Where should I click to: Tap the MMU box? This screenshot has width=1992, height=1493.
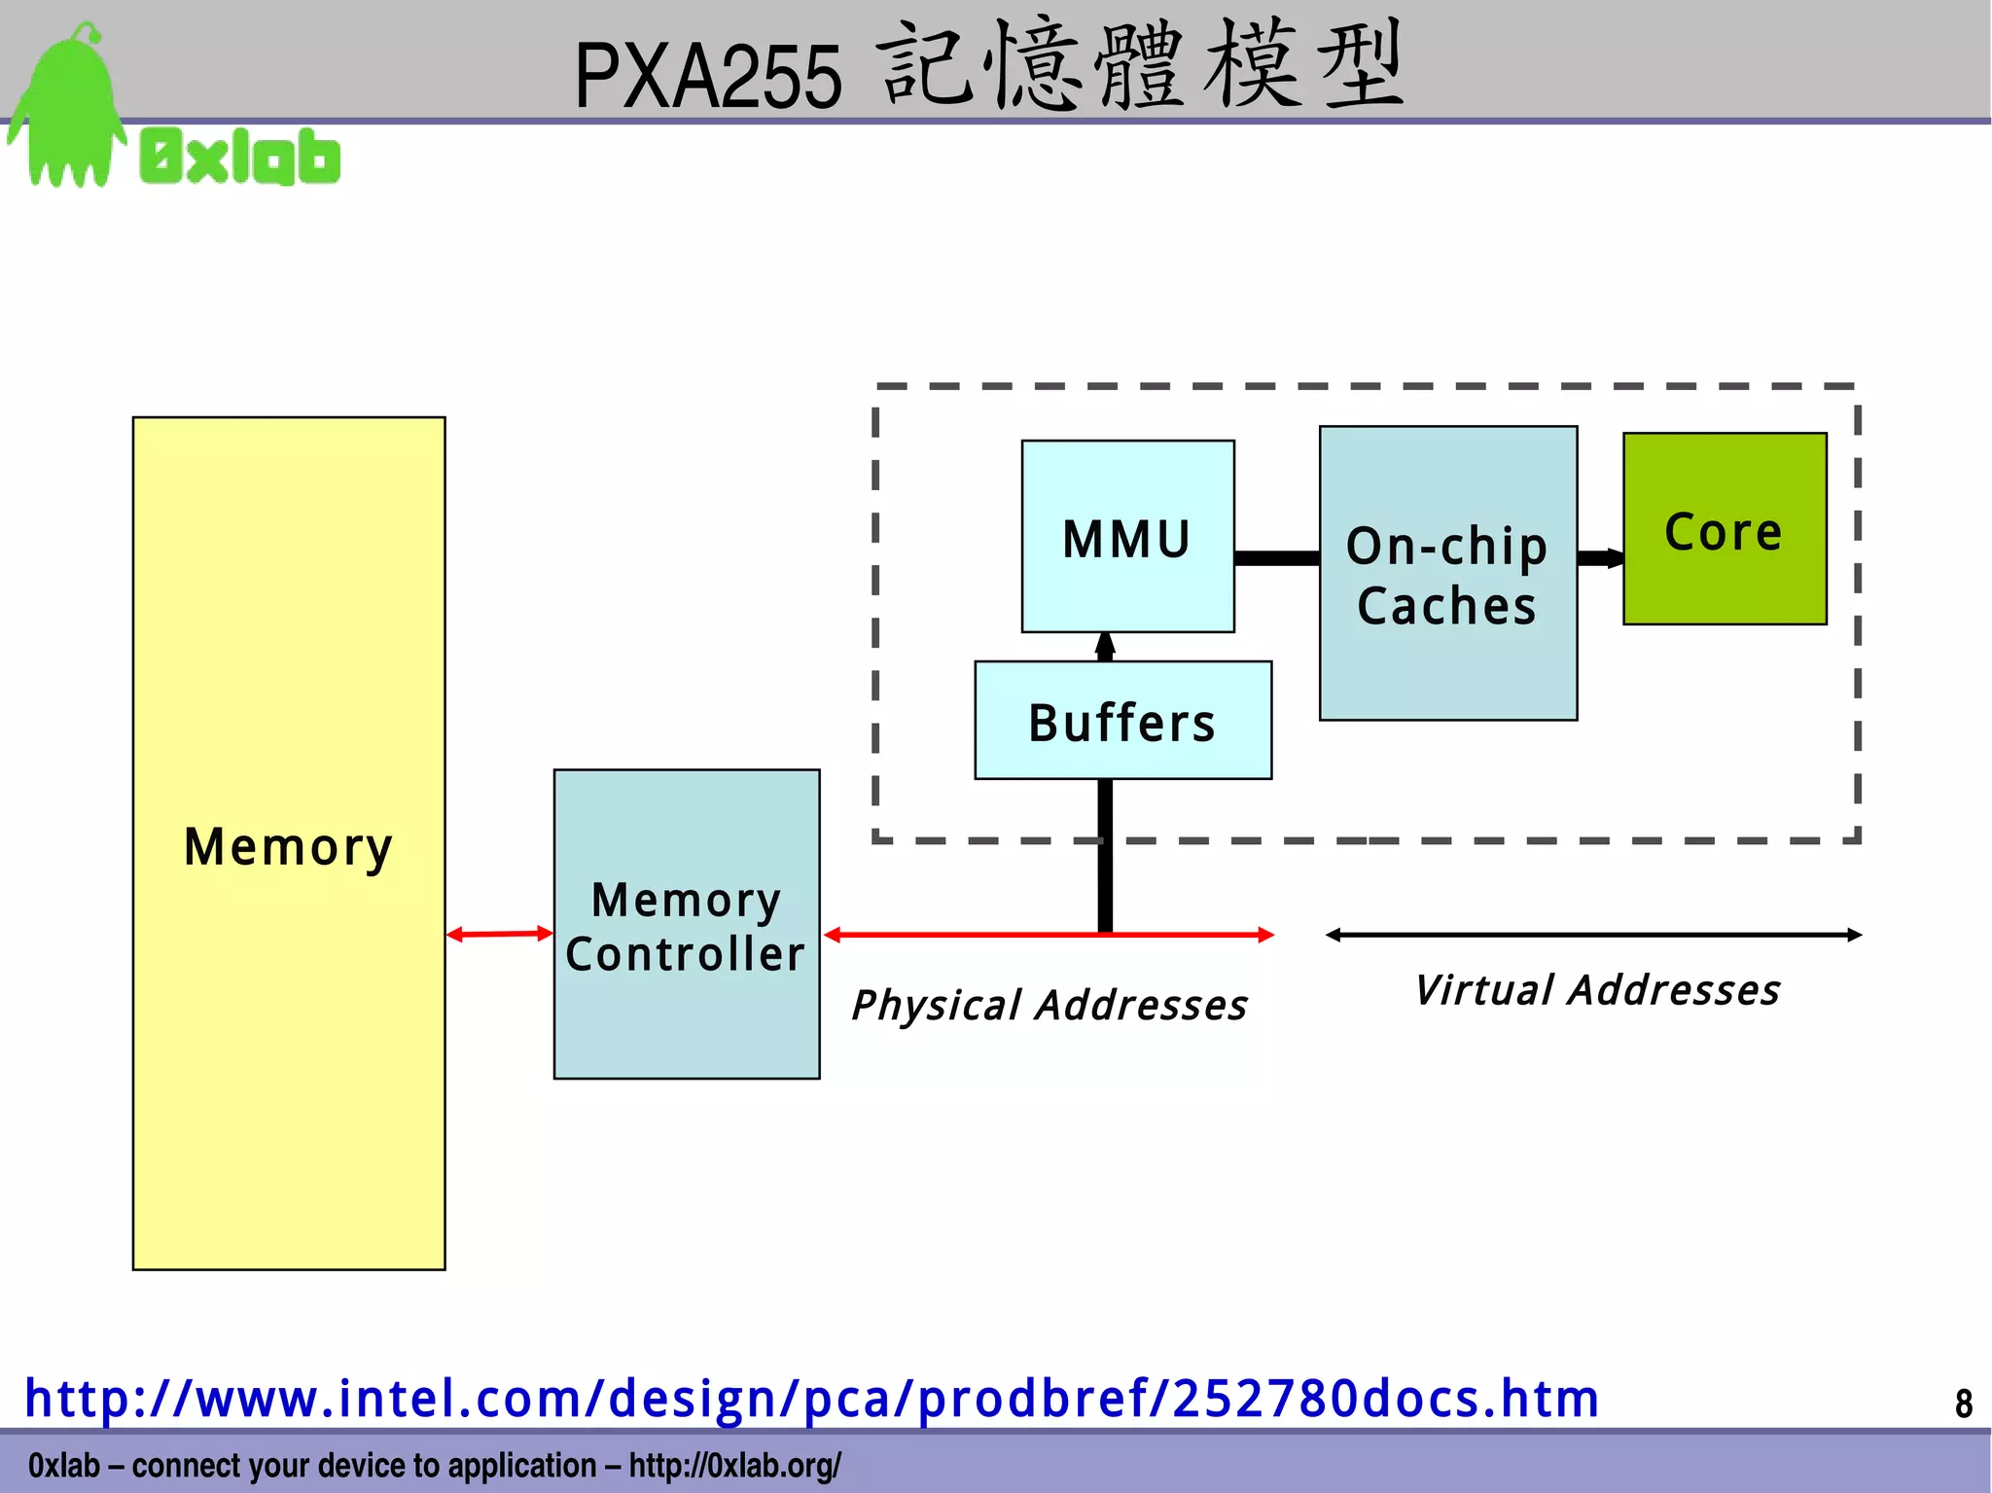tap(1127, 537)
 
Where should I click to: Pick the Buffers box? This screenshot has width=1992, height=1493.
tap(1122, 722)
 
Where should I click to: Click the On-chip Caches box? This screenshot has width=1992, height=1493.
tap(1447, 574)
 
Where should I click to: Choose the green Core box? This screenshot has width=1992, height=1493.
tap(1724, 530)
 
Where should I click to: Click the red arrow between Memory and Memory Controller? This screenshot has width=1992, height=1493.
tap(499, 934)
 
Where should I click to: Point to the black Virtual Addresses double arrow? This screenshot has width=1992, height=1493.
tap(1593, 935)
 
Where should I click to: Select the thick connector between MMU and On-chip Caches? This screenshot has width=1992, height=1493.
tap(1276, 557)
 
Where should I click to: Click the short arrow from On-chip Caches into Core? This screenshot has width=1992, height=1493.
tap(1600, 557)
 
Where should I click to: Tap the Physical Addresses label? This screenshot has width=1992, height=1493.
tap(1049, 1005)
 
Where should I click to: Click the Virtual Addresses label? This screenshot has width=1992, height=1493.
tap(1597, 990)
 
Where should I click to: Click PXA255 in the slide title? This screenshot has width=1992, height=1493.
tap(707, 76)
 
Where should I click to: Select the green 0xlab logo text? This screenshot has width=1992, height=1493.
tap(240, 157)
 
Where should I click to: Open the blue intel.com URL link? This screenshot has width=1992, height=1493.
tap(812, 1398)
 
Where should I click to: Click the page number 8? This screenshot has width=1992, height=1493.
tap(1963, 1403)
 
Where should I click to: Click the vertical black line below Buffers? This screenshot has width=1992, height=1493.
tap(1105, 856)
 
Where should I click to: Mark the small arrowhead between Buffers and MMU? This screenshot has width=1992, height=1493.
tap(1105, 646)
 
